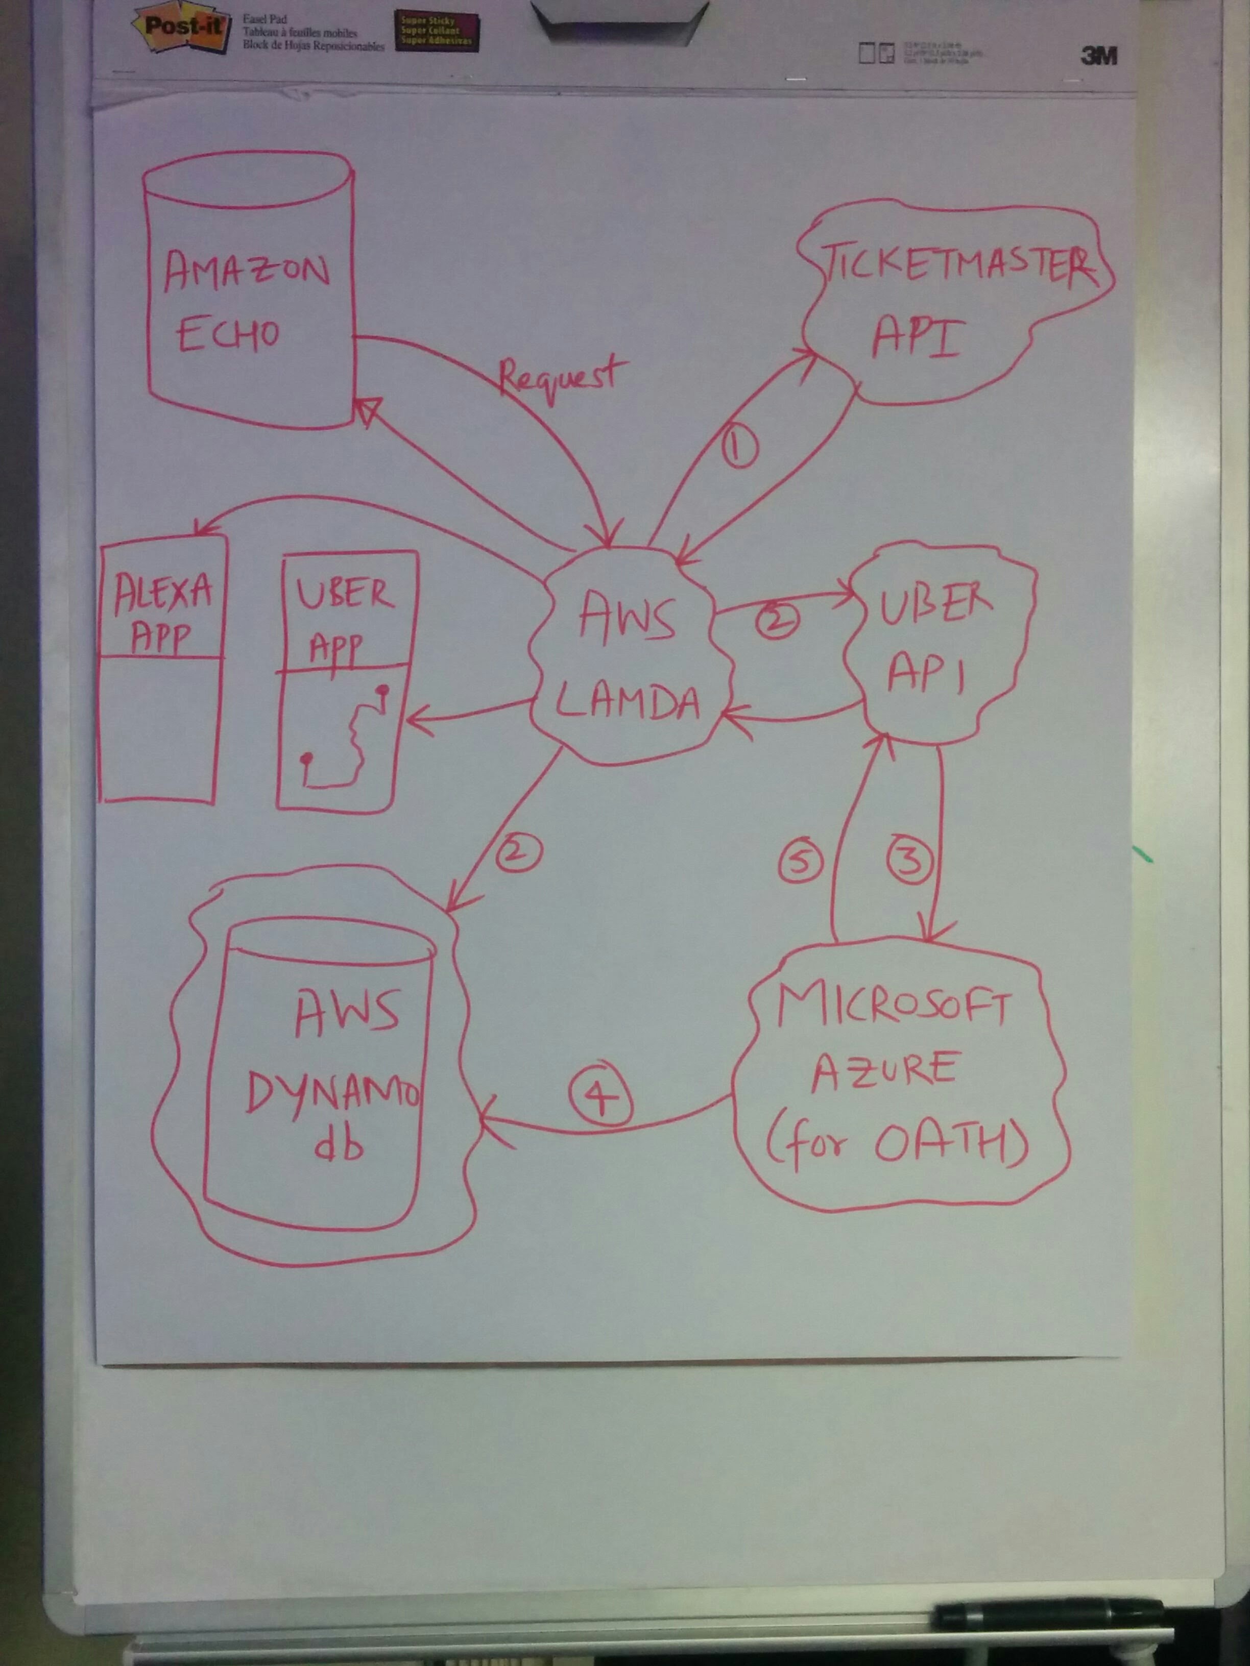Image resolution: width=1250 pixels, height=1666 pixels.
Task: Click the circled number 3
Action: click(x=911, y=860)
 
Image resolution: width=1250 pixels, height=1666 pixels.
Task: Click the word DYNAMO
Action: click(x=331, y=1096)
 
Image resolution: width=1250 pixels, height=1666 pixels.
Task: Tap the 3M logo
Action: click(x=1098, y=55)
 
